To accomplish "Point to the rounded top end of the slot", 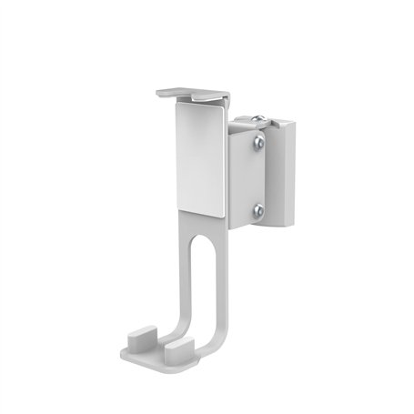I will click(x=203, y=239).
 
